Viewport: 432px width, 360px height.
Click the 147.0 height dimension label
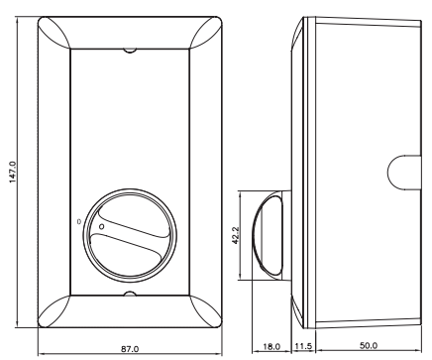click(12, 172)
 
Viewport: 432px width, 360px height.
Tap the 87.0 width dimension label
click(130, 349)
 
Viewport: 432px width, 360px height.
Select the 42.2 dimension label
click(236, 235)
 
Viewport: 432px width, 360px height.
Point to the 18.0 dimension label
click(271, 347)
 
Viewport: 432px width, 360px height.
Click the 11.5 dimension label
click(303, 346)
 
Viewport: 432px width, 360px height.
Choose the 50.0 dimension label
click(369, 345)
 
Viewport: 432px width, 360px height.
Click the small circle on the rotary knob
click(102, 226)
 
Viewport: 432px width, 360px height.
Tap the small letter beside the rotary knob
click(78, 221)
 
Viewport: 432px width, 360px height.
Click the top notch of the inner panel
click(130, 51)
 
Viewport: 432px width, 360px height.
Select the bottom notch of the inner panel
click(130, 294)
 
